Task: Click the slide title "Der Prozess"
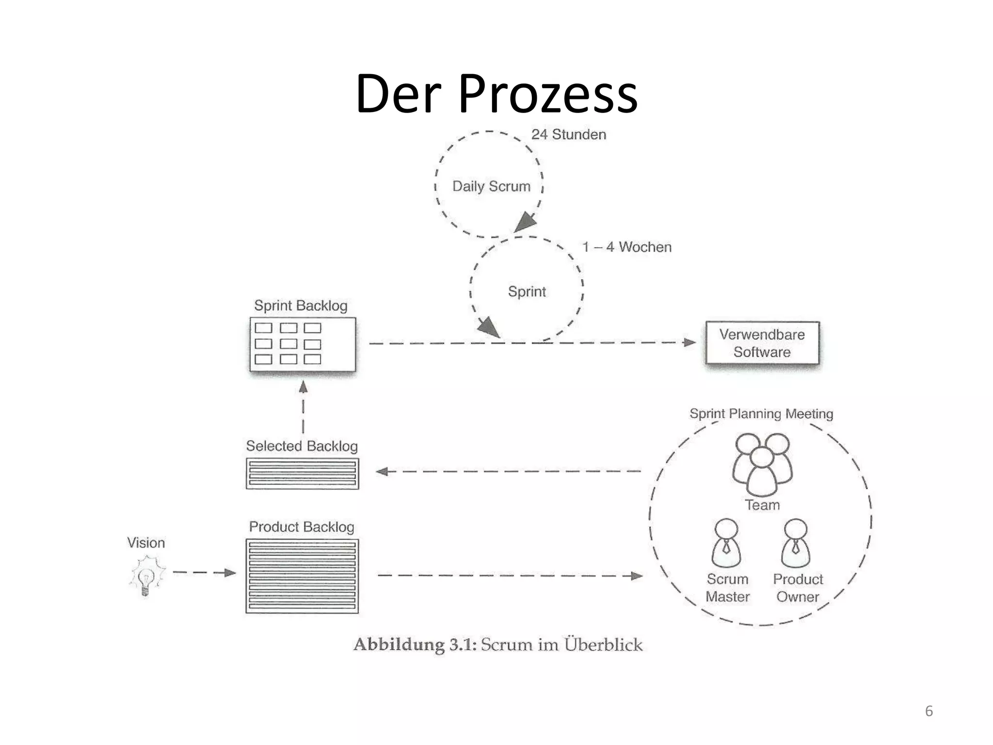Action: (496, 94)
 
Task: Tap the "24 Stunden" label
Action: (568, 134)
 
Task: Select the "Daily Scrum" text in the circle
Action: (491, 186)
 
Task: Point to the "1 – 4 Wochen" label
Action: (626, 247)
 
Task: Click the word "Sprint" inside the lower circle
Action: (527, 292)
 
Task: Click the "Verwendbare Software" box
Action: (762, 343)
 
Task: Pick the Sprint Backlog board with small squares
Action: (303, 344)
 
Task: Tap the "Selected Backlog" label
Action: (302, 446)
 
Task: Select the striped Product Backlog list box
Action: (302, 576)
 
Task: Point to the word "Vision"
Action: (146, 542)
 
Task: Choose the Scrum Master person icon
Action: (726, 543)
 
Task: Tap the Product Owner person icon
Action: (796, 543)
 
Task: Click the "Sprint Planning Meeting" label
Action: (761, 414)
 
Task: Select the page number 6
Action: (929, 711)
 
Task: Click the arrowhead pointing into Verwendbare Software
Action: (689, 342)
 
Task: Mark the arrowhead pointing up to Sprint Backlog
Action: (303, 387)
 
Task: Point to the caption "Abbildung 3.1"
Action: (415, 645)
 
